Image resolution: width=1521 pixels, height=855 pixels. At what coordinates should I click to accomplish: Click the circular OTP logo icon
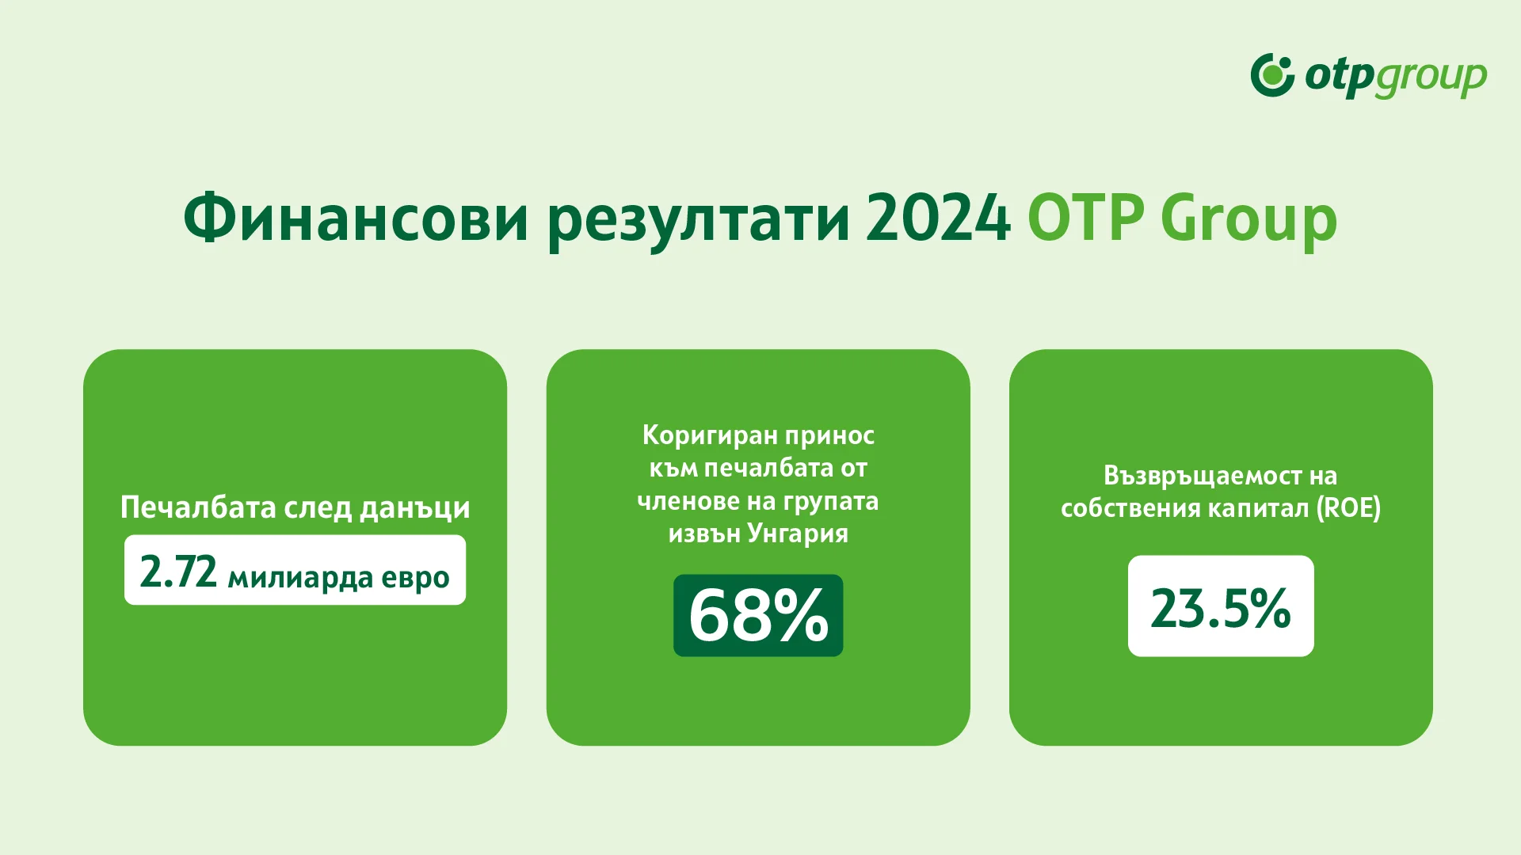pyautogui.click(x=1272, y=76)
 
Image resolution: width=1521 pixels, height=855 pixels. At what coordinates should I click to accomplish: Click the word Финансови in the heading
pyautogui.click(x=356, y=218)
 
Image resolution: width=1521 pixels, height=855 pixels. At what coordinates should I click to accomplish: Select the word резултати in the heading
pyautogui.click(x=700, y=219)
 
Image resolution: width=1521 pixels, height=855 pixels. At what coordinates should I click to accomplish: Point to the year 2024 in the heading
pyautogui.click(x=938, y=218)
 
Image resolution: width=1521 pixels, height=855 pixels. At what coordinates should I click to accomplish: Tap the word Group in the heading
pyautogui.click(x=1248, y=219)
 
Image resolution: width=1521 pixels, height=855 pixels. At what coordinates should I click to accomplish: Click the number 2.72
pyautogui.click(x=178, y=572)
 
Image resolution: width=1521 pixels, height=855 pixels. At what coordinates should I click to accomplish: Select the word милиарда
pyautogui.click(x=300, y=578)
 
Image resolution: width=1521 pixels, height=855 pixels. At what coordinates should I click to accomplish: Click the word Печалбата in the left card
pyautogui.click(x=198, y=507)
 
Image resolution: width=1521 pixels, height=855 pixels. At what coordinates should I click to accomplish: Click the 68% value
pyautogui.click(x=758, y=616)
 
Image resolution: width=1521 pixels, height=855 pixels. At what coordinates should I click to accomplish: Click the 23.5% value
pyautogui.click(x=1220, y=607)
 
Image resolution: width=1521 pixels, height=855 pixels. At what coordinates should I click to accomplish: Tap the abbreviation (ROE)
pyautogui.click(x=1348, y=508)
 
